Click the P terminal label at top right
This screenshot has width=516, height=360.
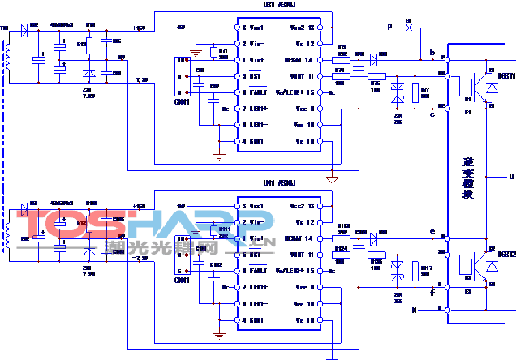click(389, 28)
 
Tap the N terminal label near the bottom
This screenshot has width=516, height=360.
click(414, 309)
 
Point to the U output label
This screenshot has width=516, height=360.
click(510, 176)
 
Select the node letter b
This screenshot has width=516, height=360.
click(432, 53)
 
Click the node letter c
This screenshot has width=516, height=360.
click(432, 114)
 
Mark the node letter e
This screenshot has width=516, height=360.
click(432, 232)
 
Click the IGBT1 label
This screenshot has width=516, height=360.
click(505, 75)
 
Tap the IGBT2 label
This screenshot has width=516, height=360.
click(505, 255)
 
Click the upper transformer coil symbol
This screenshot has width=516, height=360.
click(7, 57)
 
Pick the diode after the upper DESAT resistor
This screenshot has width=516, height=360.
click(374, 59)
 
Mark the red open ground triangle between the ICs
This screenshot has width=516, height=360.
click(331, 178)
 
